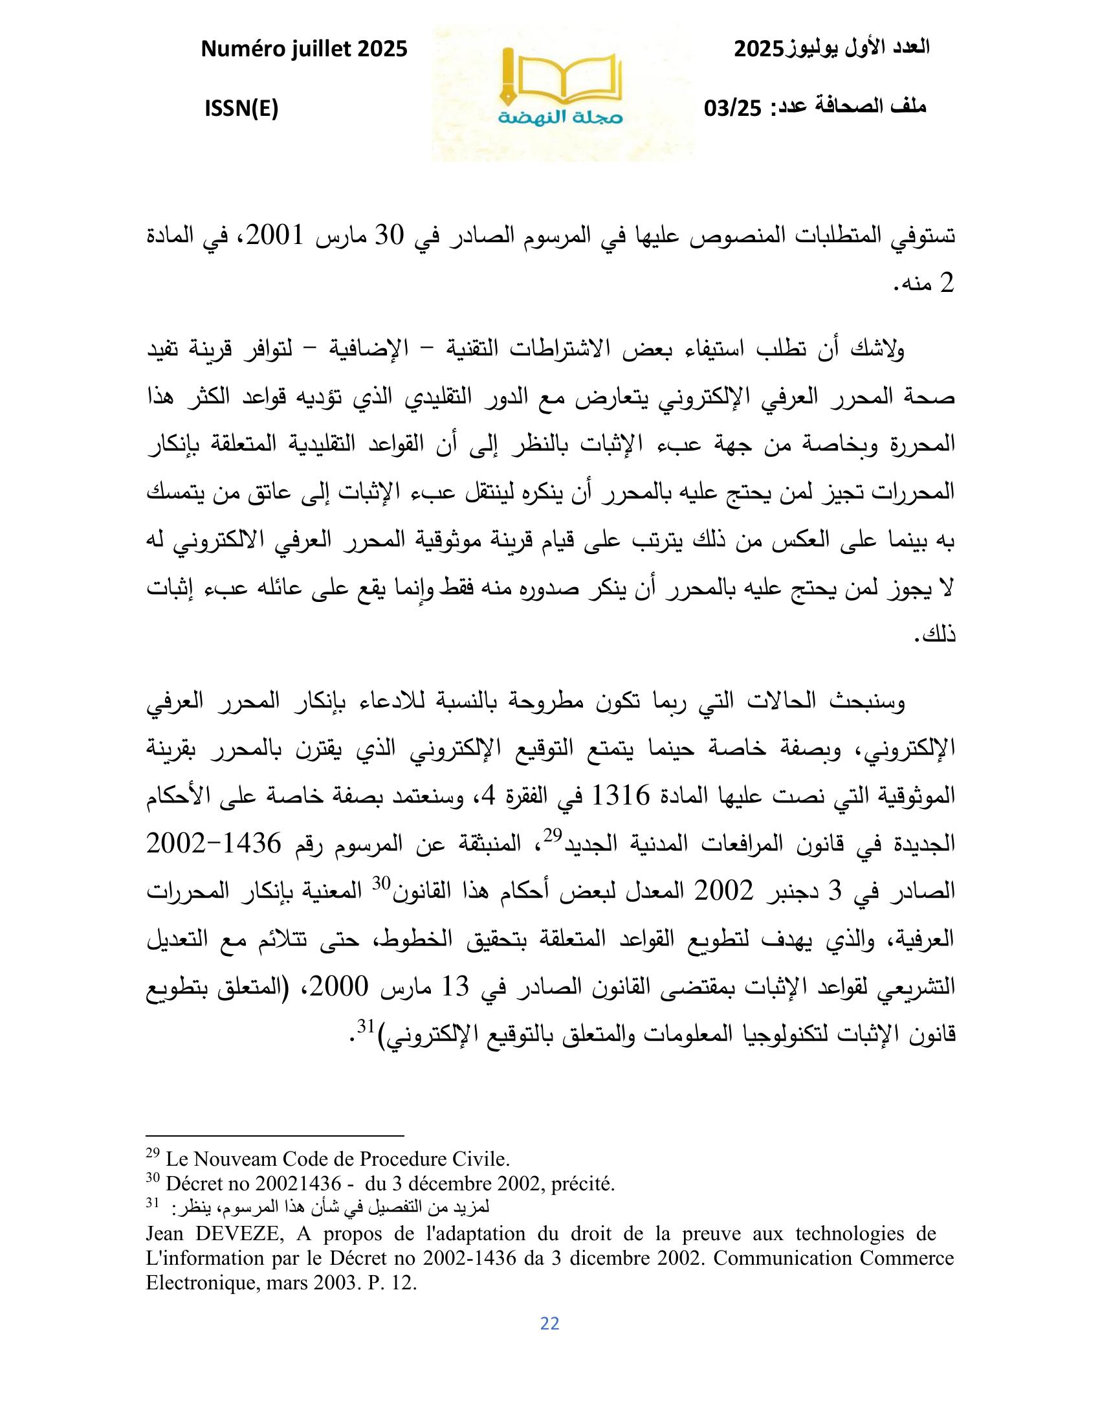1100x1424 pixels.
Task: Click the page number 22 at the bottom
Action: point(550,1323)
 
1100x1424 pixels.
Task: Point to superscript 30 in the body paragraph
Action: point(380,883)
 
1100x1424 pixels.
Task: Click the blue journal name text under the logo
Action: point(562,118)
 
